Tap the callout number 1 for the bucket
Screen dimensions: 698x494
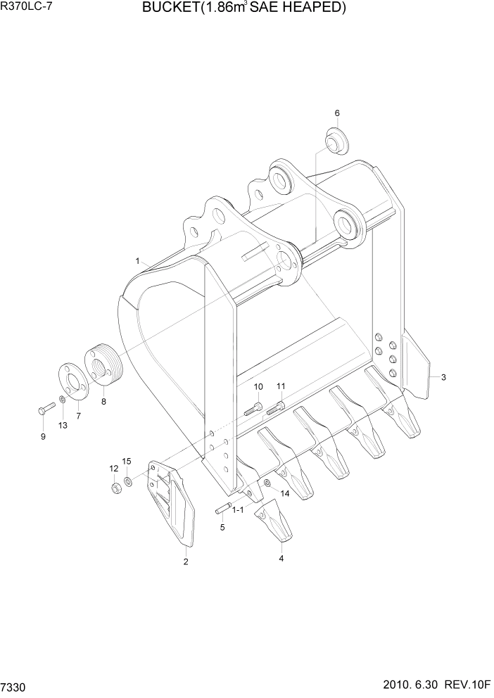pyautogui.click(x=138, y=260)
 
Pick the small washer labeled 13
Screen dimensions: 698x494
pyautogui.click(x=63, y=400)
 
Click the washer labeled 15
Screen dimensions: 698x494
pyautogui.click(x=128, y=482)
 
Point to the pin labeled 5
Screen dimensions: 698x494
pyautogui.click(x=223, y=509)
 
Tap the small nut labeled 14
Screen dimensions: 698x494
pyautogui.click(x=268, y=483)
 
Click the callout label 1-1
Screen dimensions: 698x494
pyautogui.click(x=237, y=509)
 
